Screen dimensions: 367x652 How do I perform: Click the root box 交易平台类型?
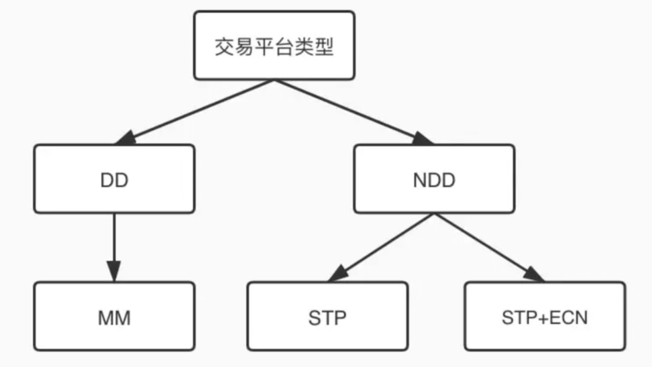tap(274, 46)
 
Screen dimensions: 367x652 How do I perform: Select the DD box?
tap(114, 179)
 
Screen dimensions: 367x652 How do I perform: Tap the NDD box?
tap(434, 179)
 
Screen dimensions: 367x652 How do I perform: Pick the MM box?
tap(114, 317)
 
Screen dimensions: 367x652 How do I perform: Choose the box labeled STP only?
tap(327, 317)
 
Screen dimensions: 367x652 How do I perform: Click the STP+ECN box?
tap(544, 317)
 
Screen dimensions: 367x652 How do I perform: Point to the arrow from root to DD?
tap(197, 110)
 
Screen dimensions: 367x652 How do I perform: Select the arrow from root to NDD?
tap(350, 110)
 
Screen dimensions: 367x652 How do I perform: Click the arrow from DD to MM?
tap(114, 242)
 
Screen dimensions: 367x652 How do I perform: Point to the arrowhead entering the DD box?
tap(125, 138)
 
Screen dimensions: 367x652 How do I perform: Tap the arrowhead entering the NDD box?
tap(423, 138)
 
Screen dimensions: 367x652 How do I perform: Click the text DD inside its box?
tap(114, 180)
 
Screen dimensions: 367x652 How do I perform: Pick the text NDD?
tap(434, 180)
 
